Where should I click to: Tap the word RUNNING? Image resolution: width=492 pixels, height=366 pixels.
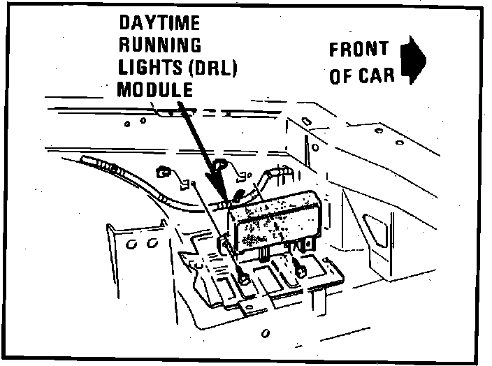160,45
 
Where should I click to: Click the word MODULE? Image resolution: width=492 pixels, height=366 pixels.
154,89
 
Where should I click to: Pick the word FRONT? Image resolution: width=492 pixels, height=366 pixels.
359,50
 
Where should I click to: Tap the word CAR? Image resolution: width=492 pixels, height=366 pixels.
377,75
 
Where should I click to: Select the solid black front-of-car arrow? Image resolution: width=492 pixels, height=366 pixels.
412,61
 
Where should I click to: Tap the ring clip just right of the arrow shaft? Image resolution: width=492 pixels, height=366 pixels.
221,166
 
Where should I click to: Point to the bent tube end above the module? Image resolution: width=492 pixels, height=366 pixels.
277,170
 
